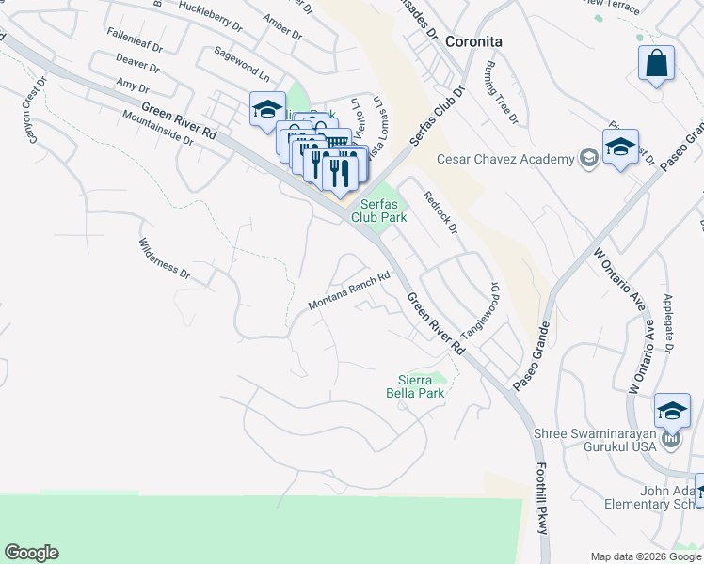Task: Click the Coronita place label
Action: point(473,41)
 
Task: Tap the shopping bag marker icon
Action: point(657,64)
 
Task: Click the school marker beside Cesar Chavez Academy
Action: point(620,148)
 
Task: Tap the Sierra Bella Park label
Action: point(415,386)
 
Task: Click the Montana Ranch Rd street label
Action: point(349,292)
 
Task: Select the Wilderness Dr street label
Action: point(165,260)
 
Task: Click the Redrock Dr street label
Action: point(440,212)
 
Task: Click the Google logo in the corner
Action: point(31,553)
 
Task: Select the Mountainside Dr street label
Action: point(157,127)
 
